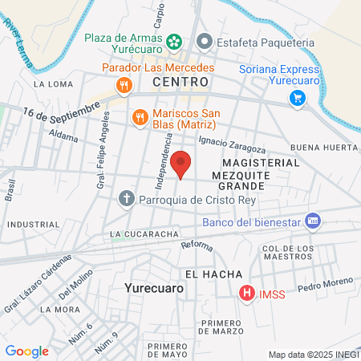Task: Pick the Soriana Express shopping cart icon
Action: (x=297, y=98)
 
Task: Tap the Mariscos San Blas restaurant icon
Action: (x=140, y=117)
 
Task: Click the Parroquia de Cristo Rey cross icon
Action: (x=127, y=198)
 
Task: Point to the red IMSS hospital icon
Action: (x=247, y=294)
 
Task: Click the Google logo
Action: (x=26, y=351)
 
